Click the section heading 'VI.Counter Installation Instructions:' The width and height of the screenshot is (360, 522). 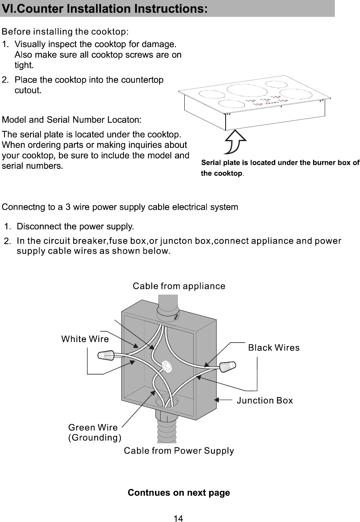[105, 8]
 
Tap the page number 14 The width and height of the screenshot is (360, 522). [179, 518]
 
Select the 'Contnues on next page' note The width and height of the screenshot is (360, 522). [179, 492]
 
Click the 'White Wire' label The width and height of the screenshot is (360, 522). [85, 339]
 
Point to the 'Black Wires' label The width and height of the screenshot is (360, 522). [274, 348]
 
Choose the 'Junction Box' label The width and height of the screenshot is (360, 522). [265, 400]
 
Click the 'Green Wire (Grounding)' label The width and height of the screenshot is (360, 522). [94, 433]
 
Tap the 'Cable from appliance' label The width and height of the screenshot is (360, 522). [179, 286]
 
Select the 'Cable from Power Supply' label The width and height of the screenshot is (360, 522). [179, 451]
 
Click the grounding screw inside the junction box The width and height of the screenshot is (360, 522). [166, 367]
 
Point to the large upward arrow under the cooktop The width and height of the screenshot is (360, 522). [235, 141]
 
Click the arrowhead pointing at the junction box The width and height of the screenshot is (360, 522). [217, 400]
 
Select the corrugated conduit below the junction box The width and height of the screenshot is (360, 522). [166, 428]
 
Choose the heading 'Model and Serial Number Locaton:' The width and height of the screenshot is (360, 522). [72, 120]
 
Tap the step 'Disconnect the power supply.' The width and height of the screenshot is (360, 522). [75, 227]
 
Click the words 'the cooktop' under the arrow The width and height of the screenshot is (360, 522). [221, 173]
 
